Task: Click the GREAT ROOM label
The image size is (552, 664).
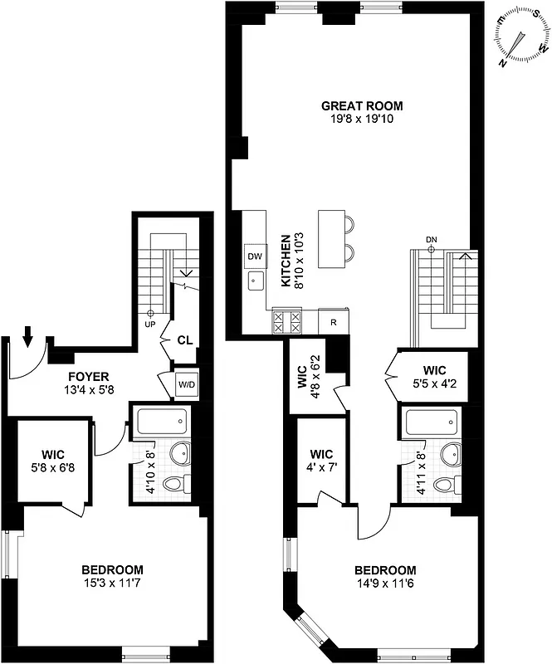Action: click(x=361, y=105)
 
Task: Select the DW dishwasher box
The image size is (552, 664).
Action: click(x=254, y=256)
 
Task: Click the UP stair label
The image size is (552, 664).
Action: click(x=150, y=325)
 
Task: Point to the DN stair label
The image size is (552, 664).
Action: click(x=431, y=241)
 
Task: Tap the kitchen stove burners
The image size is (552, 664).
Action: click(x=287, y=320)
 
